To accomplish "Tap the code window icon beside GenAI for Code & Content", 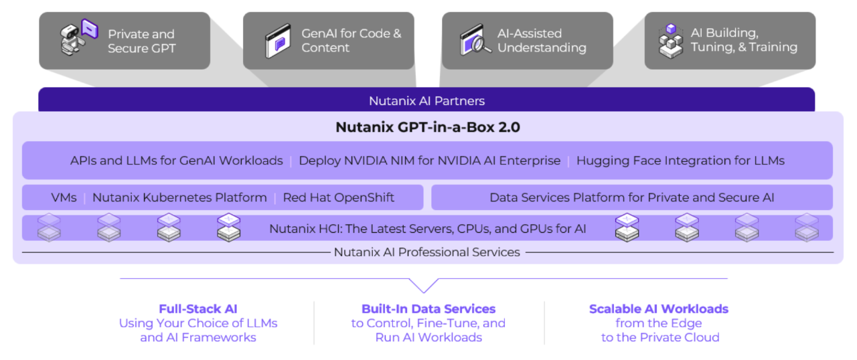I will [278, 39].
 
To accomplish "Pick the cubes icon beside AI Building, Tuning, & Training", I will [670, 40].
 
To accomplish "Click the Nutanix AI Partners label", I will [426, 101].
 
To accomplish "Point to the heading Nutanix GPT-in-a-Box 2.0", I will [426, 127].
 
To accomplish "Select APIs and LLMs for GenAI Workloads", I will [177, 161].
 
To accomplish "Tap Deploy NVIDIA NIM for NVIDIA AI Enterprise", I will [429, 161].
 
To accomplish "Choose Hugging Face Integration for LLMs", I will [680, 161].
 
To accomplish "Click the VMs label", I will [64, 197].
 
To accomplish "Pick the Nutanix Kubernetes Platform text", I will [179, 197].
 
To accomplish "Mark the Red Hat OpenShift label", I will [338, 197].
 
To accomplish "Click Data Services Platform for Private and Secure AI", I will [632, 197].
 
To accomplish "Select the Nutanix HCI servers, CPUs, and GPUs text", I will [428, 229].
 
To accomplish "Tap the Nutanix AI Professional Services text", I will [426, 252].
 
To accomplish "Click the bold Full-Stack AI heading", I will [198, 309].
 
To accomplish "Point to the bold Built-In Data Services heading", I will [428, 309].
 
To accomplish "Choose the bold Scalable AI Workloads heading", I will [659, 309].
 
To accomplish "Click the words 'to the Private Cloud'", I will [660, 337].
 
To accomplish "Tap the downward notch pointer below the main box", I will [424, 287].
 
